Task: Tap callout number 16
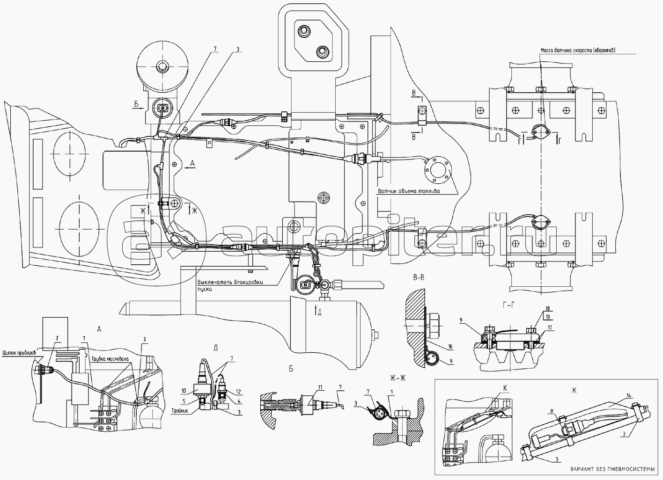pos(449,346)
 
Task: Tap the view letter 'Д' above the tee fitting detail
pos(214,347)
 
